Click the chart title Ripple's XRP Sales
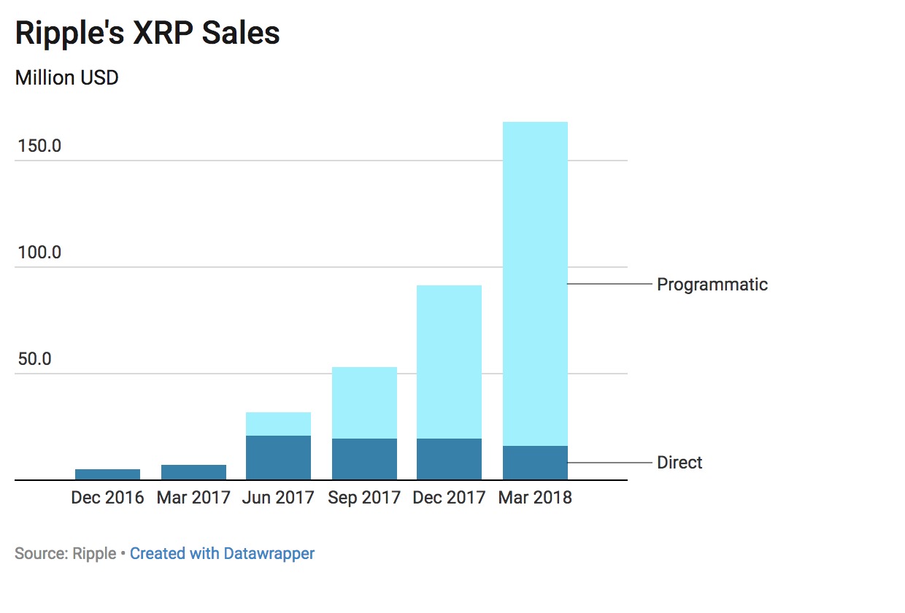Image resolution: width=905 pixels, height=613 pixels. pos(147,34)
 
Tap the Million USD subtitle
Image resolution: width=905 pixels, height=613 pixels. pos(66,77)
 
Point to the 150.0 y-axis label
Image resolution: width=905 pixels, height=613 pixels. pos(39,146)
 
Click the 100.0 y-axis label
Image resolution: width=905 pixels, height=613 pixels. pos(39,253)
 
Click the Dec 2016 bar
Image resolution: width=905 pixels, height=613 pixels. pos(107,474)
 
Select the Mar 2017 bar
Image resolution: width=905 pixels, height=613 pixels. pos(193,472)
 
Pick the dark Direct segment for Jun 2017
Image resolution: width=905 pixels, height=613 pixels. pos(278,458)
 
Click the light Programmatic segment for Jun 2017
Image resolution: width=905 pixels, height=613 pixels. pos(278,424)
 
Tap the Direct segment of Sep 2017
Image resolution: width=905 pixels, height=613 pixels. pos(364,459)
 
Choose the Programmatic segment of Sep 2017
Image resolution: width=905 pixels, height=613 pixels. pos(364,403)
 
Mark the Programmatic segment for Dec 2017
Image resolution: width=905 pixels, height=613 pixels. pos(449,362)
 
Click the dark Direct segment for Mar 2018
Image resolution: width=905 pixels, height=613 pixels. pos(535,463)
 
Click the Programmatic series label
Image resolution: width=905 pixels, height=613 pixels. pos(712,284)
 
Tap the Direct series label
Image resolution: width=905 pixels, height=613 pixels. pos(679,463)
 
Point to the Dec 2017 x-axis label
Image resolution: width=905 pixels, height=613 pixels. pos(449,498)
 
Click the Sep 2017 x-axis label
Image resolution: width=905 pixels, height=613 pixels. pos(364,498)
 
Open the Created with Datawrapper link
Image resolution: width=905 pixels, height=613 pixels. pos(222,553)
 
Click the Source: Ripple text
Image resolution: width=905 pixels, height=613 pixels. pos(65,553)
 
